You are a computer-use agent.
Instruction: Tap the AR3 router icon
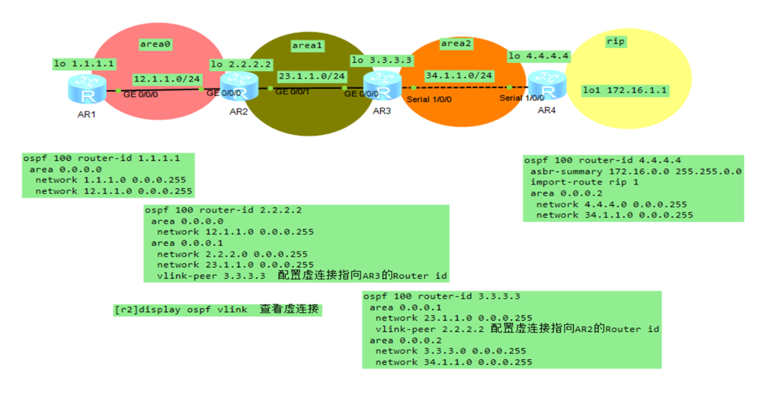(381, 86)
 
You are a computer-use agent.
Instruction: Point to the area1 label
(307, 45)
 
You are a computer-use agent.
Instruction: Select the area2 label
(456, 44)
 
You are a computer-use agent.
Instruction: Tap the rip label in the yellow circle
(616, 42)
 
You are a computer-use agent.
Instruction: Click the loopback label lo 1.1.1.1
(84, 64)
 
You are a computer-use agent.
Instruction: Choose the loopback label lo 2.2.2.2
(241, 65)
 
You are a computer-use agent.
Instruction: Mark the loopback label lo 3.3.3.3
(381, 60)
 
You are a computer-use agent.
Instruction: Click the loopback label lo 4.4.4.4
(538, 55)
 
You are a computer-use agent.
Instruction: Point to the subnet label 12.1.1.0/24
(167, 78)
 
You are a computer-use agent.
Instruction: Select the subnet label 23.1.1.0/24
(311, 75)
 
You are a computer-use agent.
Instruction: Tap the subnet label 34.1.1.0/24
(458, 75)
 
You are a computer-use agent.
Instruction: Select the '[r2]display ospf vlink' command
(180, 310)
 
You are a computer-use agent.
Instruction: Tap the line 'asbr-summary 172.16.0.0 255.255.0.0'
(636, 172)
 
